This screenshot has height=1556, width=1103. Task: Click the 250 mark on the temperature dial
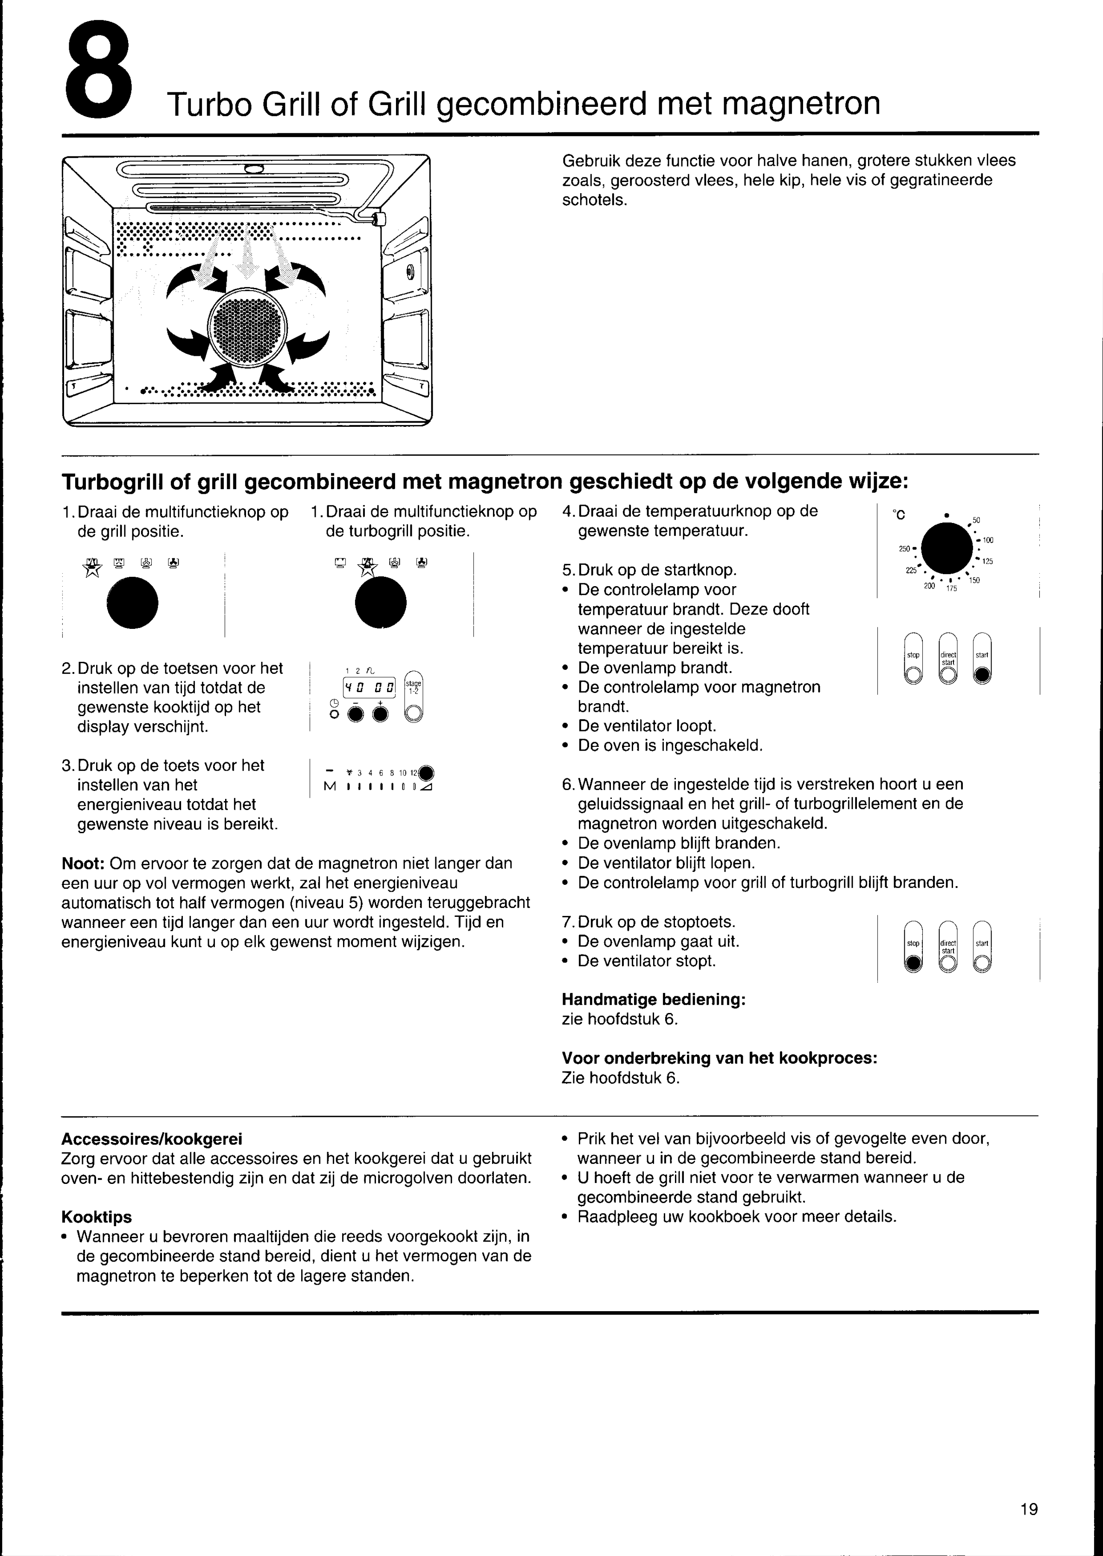pos(905,549)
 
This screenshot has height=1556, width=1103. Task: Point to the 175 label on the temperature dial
pos(951,589)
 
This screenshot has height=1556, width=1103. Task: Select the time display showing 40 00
pos(370,687)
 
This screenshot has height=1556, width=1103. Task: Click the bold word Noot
pos(83,863)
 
